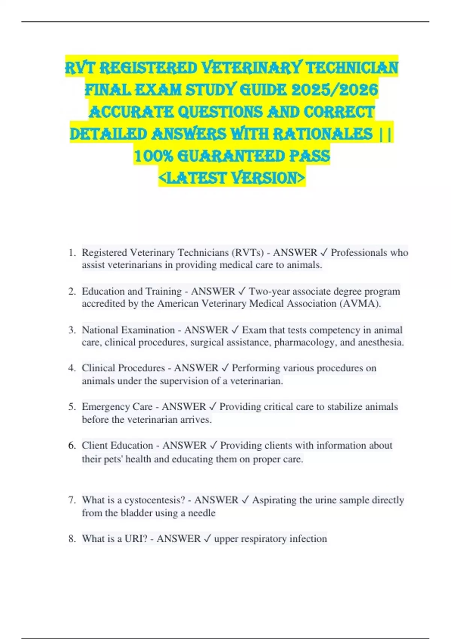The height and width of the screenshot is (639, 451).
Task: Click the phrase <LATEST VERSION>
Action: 232,178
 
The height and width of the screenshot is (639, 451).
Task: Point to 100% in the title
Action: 153,156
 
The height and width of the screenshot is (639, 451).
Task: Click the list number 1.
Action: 72,253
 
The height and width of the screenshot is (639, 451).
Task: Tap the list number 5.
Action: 72,407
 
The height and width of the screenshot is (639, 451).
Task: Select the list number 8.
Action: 72,539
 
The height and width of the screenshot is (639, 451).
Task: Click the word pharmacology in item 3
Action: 304,342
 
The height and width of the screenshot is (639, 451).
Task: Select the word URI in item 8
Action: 133,539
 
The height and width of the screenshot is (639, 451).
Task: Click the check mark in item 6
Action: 213,445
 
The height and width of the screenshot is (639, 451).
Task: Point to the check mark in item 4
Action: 225,368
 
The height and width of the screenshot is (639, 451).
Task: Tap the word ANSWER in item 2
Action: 213,292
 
